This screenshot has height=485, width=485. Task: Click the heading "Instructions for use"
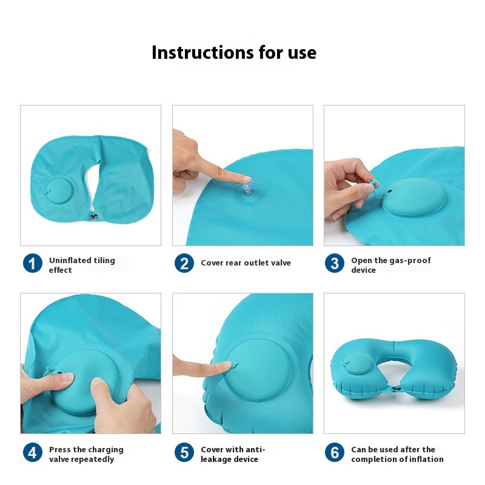click(234, 52)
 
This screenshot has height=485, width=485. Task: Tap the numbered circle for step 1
click(33, 263)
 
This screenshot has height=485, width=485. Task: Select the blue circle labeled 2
click(184, 263)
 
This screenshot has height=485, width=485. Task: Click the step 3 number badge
click(335, 263)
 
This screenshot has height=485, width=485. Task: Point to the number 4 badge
click(33, 452)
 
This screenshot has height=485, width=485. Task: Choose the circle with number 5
click(184, 452)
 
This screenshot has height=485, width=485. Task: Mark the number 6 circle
click(335, 452)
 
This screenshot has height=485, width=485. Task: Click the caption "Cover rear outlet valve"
click(246, 263)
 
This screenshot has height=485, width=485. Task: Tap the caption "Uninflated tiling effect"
click(82, 265)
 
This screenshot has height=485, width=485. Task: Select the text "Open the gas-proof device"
click(390, 265)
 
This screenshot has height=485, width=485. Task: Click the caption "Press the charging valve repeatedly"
click(86, 454)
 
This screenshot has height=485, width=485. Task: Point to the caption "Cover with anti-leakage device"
click(233, 454)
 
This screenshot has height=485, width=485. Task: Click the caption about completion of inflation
click(397, 454)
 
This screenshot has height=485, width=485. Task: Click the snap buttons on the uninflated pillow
click(93, 217)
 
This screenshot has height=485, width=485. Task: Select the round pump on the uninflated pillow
click(59, 191)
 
